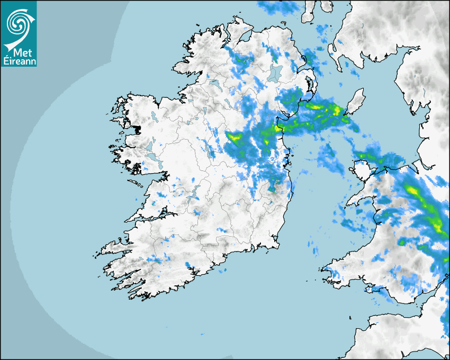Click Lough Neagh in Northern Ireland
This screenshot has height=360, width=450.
click(x=275, y=73)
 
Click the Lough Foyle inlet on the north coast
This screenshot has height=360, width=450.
click(x=244, y=38)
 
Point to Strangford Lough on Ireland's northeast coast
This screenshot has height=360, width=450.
click(x=310, y=85)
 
